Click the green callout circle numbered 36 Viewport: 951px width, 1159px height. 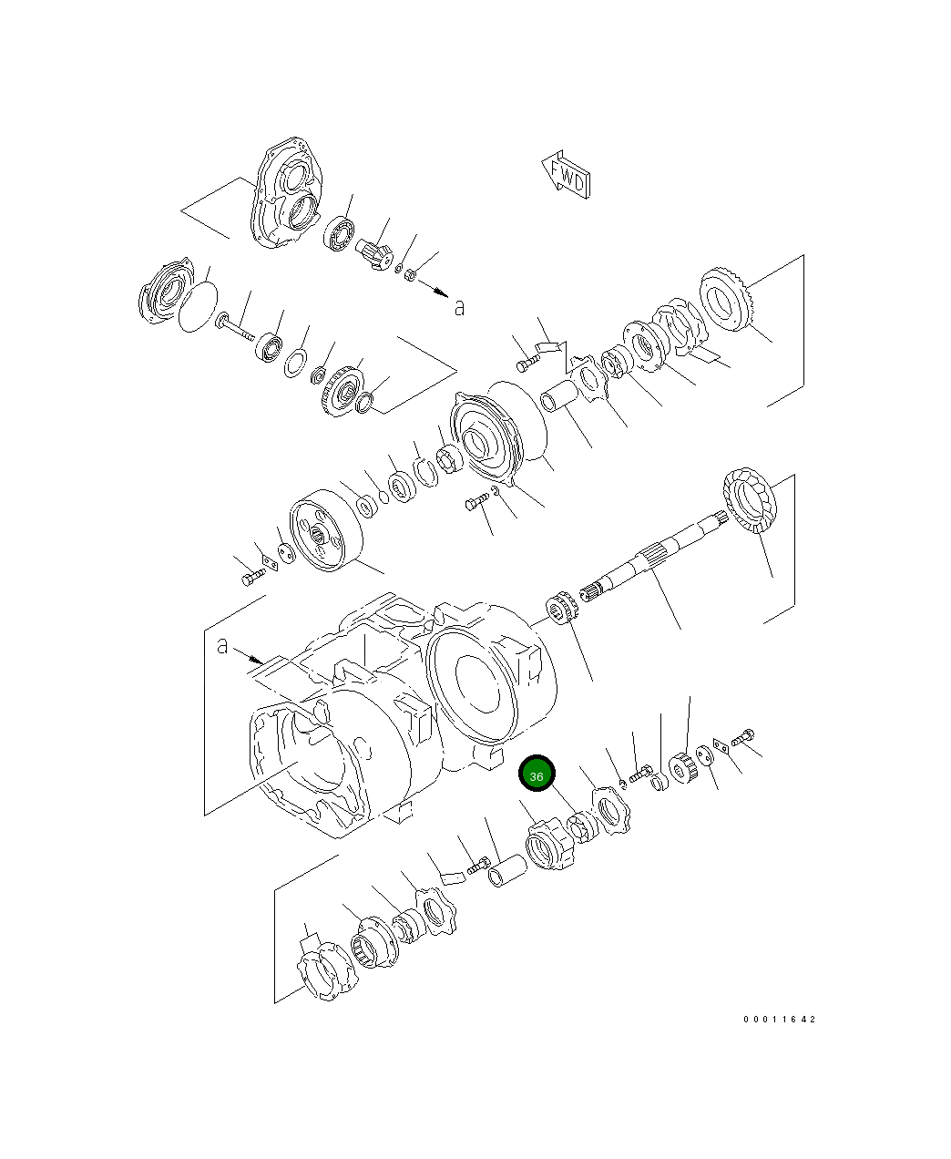(x=537, y=774)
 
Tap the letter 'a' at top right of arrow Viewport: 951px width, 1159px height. (x=459, y=307)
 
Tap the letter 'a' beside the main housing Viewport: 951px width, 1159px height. (x=223, y=646)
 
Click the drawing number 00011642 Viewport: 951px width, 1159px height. (x=779, y=1019)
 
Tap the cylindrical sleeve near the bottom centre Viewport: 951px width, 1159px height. (x=506, y=872)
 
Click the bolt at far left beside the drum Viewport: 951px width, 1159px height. (x=252, y=577)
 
